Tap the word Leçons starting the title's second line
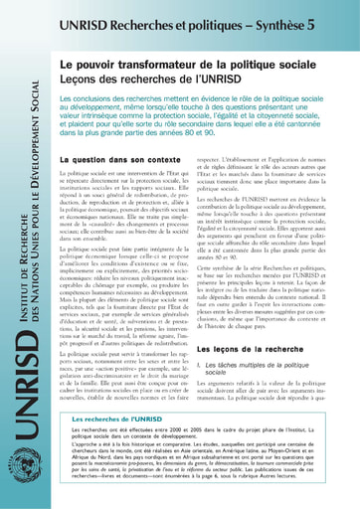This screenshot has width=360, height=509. click(83, 80)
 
